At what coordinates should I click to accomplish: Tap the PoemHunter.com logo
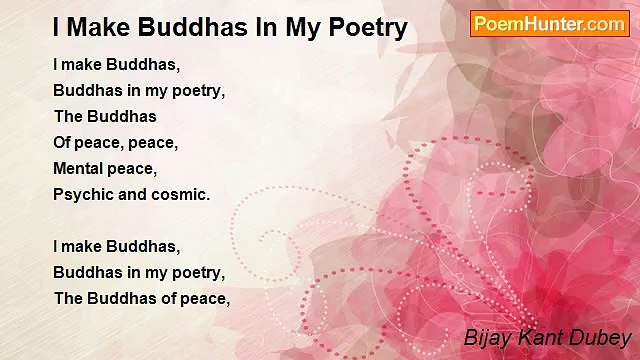(549, 23)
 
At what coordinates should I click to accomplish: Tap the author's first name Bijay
(486, 337)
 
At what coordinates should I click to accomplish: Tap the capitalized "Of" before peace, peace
(63, 142)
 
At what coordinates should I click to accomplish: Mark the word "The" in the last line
(68, 298)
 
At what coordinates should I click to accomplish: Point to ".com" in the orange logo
(603, 23)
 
